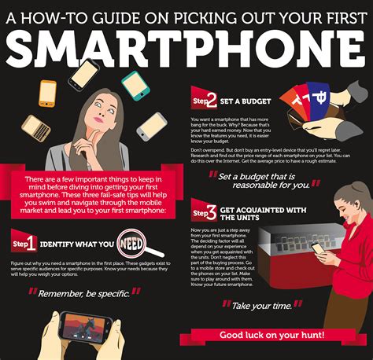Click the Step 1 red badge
pyautogui.click(x=24, y=241)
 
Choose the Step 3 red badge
pyautogui.click(x=205, y=211)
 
